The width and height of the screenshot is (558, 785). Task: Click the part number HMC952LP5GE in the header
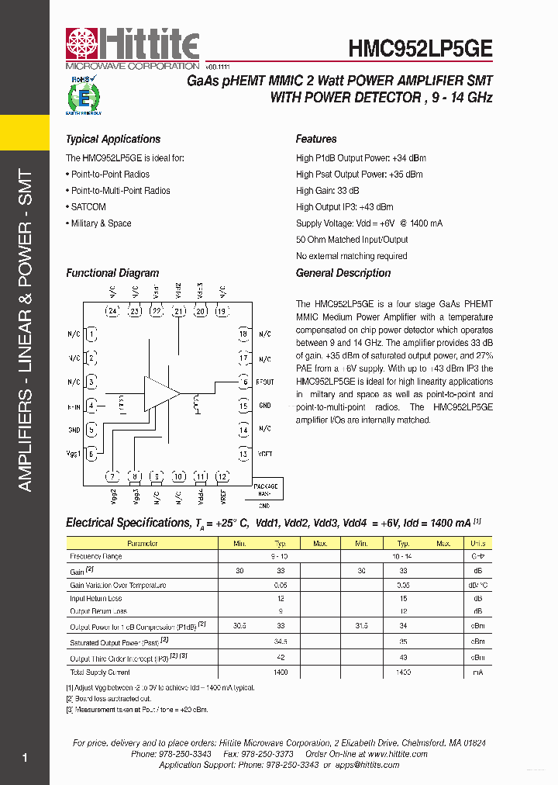pos(420,48)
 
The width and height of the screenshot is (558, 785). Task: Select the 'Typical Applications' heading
pos(113,140)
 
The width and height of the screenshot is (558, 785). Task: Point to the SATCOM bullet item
pos(88,207)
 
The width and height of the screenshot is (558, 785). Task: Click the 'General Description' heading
pos(343,273)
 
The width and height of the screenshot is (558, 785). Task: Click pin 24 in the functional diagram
pos(112,312)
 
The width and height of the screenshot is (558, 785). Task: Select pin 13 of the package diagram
pos(243,454)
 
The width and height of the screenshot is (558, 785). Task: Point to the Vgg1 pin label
pos(74,454)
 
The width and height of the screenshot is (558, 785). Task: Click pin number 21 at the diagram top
pos(179,312)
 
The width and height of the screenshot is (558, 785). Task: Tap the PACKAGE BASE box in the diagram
pos(265,489)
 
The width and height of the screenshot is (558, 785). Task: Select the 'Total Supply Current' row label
pos(100,673)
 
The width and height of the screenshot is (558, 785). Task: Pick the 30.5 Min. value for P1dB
pos(239,624)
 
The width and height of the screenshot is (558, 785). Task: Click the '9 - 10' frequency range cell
pos(280,557)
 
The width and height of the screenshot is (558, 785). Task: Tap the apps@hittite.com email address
pos(367,765)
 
